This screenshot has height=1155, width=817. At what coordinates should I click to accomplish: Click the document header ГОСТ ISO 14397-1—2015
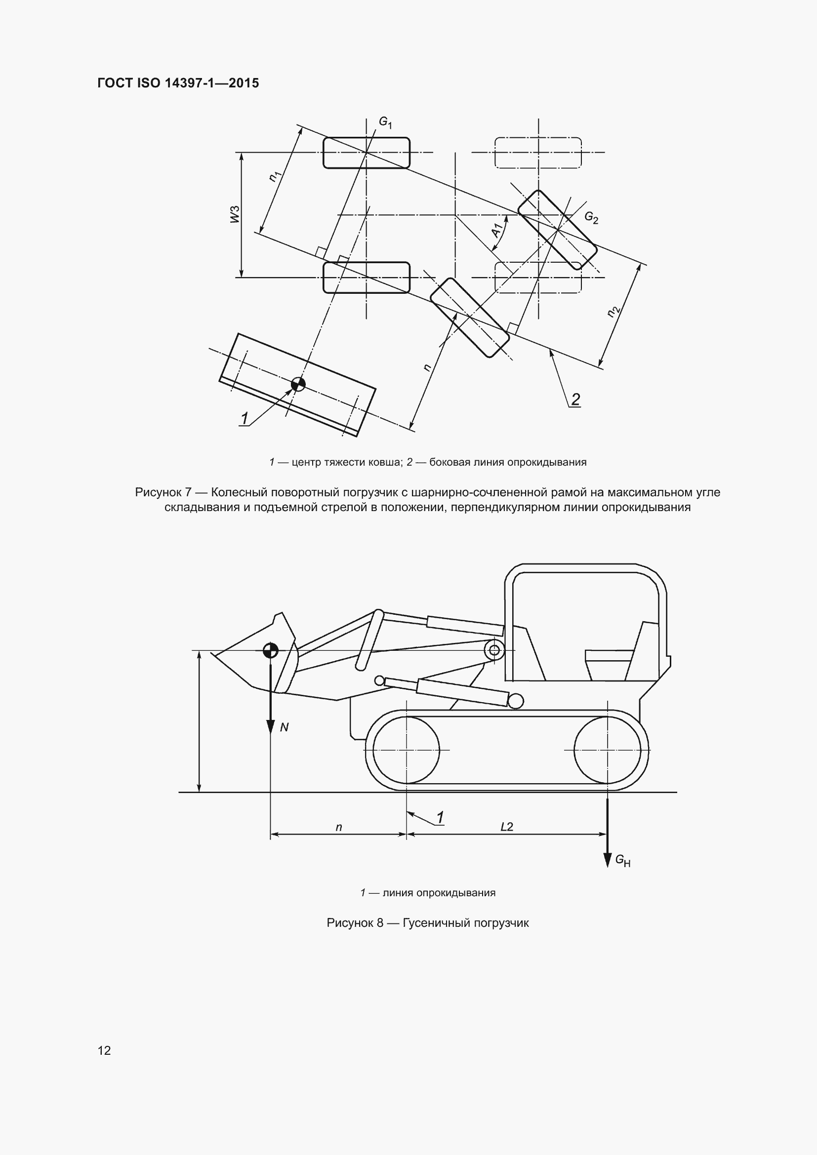click(x=178, y=83)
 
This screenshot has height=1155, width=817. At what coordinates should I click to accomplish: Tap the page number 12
click(x=104, y=1050)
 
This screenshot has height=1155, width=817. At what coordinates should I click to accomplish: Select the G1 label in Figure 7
click(x=385, y=122)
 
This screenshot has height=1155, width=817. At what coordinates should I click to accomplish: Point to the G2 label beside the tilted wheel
click(x=591, y=218)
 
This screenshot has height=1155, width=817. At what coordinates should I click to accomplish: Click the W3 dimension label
click(x=235, y=214)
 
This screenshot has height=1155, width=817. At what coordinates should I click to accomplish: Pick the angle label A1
click(x=497, y=231)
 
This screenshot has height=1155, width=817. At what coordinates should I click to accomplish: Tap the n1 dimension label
click(x=275, y=176)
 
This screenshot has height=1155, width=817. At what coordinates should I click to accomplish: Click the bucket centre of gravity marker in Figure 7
click(x=298, y=384)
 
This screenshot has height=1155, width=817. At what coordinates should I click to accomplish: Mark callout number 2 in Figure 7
click(x=575, y=399)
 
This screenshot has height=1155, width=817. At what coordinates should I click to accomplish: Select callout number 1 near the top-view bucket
click(x=245, y=419)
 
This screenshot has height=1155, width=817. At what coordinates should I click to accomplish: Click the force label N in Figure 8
click(x=284, y=727)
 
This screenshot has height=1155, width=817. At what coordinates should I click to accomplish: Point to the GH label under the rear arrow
click(x=623, y=861)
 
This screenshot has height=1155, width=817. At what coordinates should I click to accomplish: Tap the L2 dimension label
click(x=507, y=827)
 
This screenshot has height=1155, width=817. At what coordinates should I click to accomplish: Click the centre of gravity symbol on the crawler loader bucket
click(x=271, y=650)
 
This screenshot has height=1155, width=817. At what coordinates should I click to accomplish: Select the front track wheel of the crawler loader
click(x=406, y=750)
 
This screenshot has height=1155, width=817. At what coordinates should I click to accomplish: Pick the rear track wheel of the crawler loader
click(x=607, y=750)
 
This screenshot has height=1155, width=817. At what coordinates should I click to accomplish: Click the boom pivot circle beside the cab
click(x=494, y=650)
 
